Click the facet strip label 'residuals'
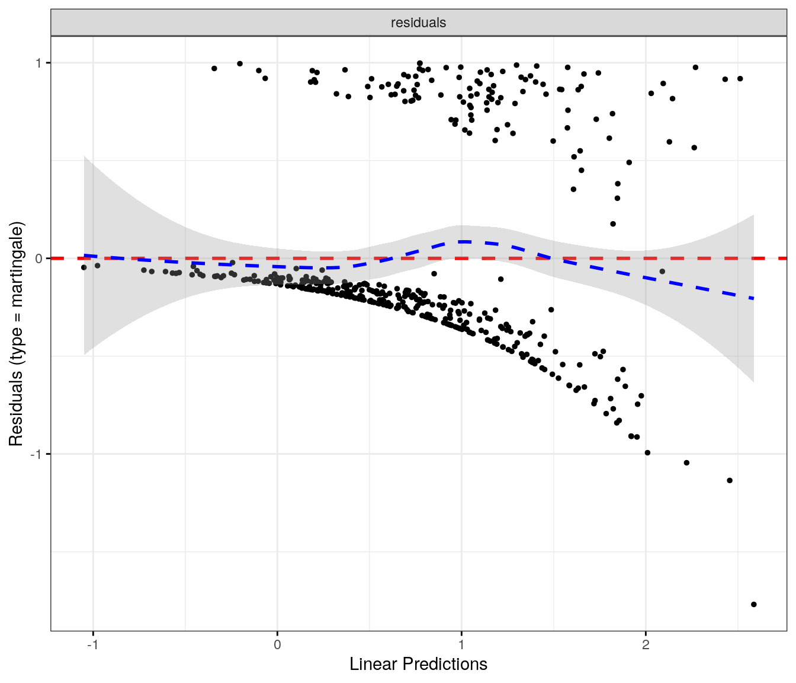click(x=418, y=23)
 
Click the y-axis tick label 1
click(x=39, y=63)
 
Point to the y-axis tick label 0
click(x=39, y=258)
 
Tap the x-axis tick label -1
click(x=92, y=644)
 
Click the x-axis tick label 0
click(x=277, y=644)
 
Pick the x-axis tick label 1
click(x=461, y=644)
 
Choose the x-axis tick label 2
click(x=646, y=644)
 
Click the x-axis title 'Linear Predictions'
click(x=418, y=664)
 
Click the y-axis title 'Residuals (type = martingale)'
click(x=16, y=334)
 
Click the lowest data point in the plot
click(x=754, y=604)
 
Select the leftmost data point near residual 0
click(x=84, y=267)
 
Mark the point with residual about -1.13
click(x=730, y=480)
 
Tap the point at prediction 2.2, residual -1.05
click(x=686, y=462)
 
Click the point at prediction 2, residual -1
click(x=647, y=452)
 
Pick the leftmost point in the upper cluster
click(x=214, y=68)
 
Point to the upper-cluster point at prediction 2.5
click(x=740, y=78)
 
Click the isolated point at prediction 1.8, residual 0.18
click(x=613, y=224)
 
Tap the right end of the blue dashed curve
click(x=753, y=298)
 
